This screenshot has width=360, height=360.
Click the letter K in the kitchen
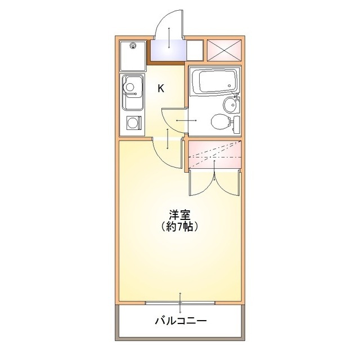coord(161,88)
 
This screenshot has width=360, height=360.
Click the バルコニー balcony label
coord(181,322)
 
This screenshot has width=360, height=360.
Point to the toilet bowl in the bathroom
coord(218,121)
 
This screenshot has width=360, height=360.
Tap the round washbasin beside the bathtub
coord(230,104)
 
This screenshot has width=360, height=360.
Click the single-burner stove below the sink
coord(133,123)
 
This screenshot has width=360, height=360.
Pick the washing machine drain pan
coord(132,55)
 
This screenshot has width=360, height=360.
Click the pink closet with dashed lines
coord(214,154)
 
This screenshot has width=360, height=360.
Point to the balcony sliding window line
coord(181,303)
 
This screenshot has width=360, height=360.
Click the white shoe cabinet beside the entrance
coord(195,50)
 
